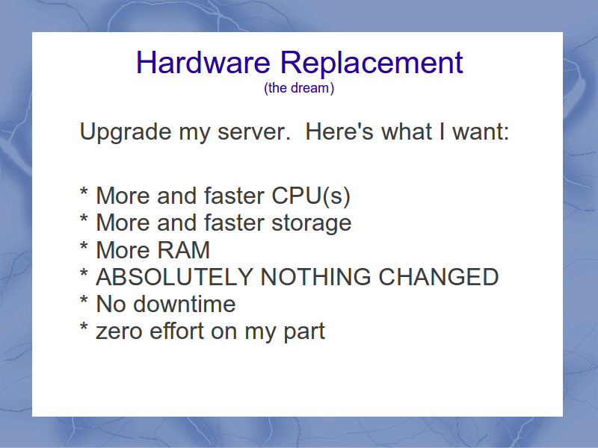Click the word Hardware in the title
point(203,63)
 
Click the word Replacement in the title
point(372,63)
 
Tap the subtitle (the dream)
point(299,88)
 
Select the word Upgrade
point(126,133)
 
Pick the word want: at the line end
point(481,132)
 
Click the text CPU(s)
point(311,196)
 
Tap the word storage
point(311,223)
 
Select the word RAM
point(183,250)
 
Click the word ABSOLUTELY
point(175,277)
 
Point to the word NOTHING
point(315,277)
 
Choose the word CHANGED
point(439,277)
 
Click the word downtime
point(184,304)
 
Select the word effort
point(177,331)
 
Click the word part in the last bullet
point(304,332)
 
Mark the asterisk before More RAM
point(84,246)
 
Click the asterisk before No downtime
point(84,300)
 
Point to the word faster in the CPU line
point(234,196)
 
